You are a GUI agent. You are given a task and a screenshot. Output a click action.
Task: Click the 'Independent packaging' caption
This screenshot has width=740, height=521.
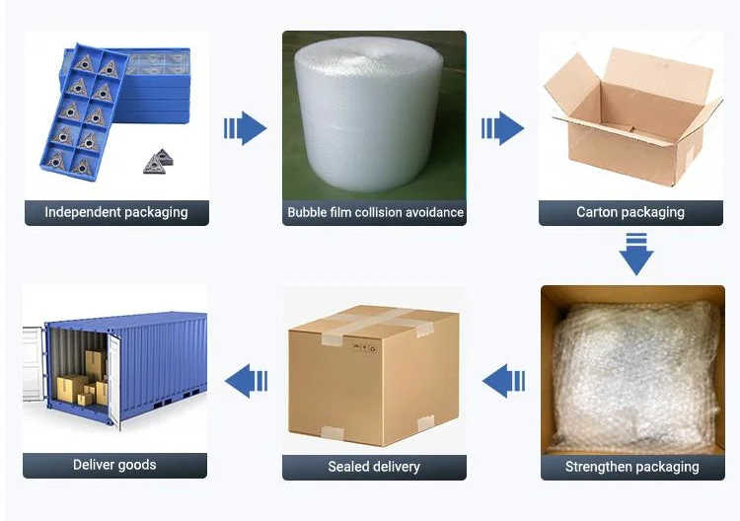[x=116, y=212]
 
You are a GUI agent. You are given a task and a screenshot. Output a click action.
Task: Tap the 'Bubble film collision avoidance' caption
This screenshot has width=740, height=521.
[x=375, y=212]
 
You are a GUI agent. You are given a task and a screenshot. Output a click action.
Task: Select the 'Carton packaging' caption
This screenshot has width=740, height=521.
[x=630, y=212]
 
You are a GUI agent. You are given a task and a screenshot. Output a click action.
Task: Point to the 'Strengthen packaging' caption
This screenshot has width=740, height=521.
[x=632, y=467]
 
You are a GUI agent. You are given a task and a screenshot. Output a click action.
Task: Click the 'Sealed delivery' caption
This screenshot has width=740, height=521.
[x=374, y=467]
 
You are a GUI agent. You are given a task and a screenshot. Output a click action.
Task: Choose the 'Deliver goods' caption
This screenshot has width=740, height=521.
[x=114, y=465]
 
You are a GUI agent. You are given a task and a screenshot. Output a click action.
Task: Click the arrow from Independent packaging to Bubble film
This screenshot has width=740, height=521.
[x=246, y=128]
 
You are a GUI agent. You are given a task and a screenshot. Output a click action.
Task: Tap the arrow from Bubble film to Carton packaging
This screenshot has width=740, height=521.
[x=503, y=128]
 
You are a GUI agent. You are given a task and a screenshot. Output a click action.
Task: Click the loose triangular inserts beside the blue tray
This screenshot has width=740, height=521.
[x=158, y=162]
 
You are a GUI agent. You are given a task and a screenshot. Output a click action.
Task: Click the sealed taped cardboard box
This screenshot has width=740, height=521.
[x=374, y=373]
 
